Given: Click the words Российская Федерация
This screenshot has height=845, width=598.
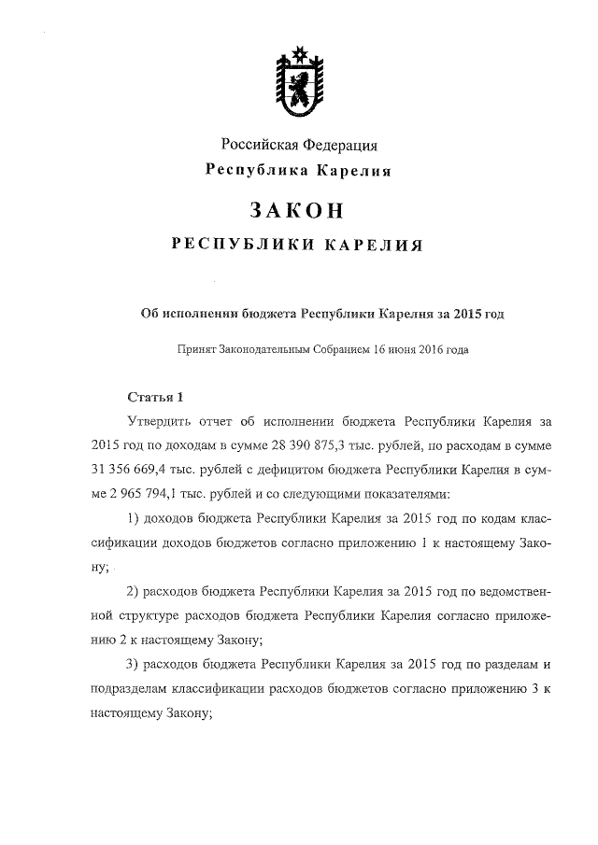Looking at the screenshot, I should point(299,145).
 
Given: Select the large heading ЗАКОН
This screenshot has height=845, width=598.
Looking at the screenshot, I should point(299,209).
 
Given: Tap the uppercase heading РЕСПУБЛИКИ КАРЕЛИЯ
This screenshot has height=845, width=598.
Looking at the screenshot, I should point(299,246).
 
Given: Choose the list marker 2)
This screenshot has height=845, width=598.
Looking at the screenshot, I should point(132,591).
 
